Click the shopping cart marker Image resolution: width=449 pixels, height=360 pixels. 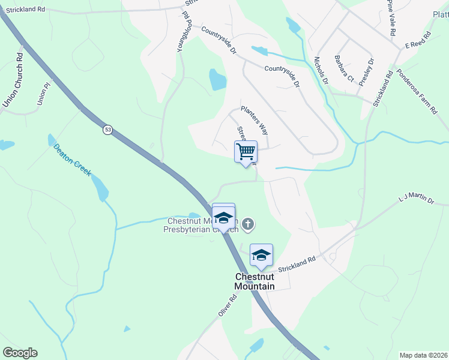(x=246, y=152)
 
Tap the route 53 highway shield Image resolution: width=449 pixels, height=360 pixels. (x=107, y=130)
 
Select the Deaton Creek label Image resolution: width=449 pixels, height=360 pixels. (x=72, y=159)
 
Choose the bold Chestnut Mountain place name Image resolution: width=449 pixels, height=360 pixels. (x=255, y=281)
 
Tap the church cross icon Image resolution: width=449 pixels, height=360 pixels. (x=248, y=225)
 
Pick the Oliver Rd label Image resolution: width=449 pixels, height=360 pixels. (x=224, y=307)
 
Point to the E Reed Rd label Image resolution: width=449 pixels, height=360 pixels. (x=418, y=41)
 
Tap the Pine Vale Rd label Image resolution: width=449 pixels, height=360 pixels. (x=391, y=19)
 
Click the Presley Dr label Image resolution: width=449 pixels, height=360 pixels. (x=366, y=71)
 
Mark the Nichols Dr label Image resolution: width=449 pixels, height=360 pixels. (x=322, y=70)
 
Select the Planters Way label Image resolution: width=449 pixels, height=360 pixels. (x=254, y=119)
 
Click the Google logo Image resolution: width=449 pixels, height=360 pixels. (x=20, y=353)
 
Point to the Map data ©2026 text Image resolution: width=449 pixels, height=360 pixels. (x=423, y=355)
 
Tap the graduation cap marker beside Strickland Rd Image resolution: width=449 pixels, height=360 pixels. (x=261, y=255)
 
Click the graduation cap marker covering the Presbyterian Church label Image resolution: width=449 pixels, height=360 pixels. (x=223, y=217)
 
